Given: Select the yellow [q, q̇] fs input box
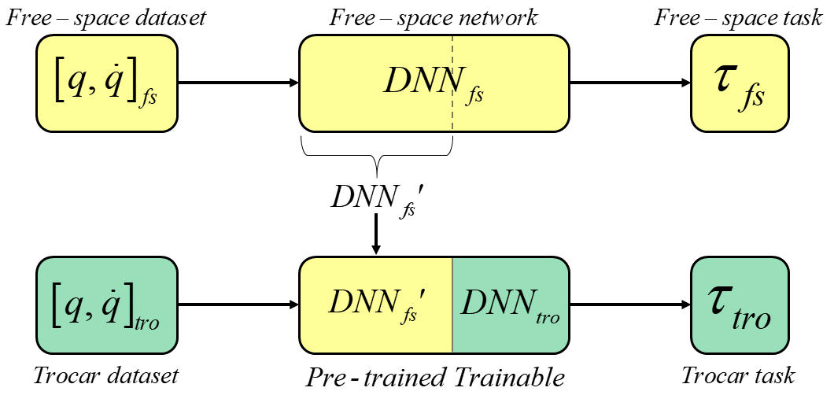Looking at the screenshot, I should pyautogui.click(x=107, y=83).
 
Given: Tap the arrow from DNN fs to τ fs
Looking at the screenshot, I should pyautogui.click(x=629, y=83).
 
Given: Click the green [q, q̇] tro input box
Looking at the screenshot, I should pyautogui.click(x=107, y=304).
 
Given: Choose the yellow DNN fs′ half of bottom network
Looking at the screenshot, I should pyautogui.click(x=376, y=304).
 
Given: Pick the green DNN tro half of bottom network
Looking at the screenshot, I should pyautogui.click(x=510, y=304).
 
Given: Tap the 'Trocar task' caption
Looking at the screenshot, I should pyautogui.click(x=738, y=375).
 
